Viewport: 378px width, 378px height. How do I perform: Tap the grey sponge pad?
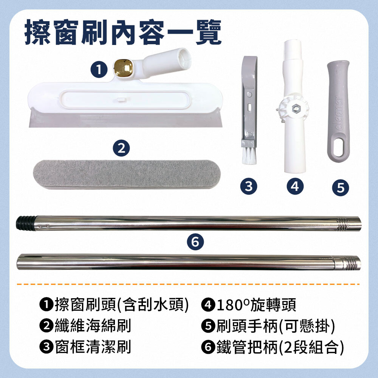click(127, 174)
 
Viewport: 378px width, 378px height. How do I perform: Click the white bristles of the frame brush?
click(249, 156)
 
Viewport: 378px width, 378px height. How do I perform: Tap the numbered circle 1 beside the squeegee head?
click(99, 70)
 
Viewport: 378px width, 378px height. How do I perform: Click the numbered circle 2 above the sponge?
click(121, 148)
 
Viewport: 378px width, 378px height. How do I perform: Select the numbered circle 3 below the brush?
click(249, 186)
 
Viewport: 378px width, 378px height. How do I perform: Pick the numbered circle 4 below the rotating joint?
click(295, 186)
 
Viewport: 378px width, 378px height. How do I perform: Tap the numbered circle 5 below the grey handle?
click(341, 187)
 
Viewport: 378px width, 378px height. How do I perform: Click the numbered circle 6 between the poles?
click(195, 242)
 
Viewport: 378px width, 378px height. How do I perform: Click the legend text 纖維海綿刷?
click(93, 326)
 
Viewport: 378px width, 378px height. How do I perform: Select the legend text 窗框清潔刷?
click(93, 347)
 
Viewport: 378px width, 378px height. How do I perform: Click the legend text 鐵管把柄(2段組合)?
click(280, 347)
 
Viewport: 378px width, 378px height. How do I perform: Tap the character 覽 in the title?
click(208, 32)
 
